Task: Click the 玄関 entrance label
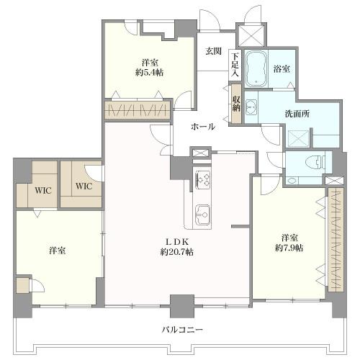pyautogui.click(x=212, y=51)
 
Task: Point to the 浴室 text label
pyautogui.click(x=282, y=69)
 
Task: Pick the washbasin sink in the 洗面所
pyautogui.click(x=251, y=109)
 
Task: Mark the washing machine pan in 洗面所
pyautogui.click(x=298, y=137)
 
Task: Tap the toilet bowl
pyautogui.click(x=310, y=162)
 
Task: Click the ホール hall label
pyautogui.click(x=202, y=126)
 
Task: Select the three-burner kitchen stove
pyautogui.click(x=202, y=179)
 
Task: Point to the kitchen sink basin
pyautogui.click(x=202, y=213)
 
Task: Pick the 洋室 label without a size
pyautogui.click(x=58, y=250)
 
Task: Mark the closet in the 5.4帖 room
pyautogui.click(x=138, y=109)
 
